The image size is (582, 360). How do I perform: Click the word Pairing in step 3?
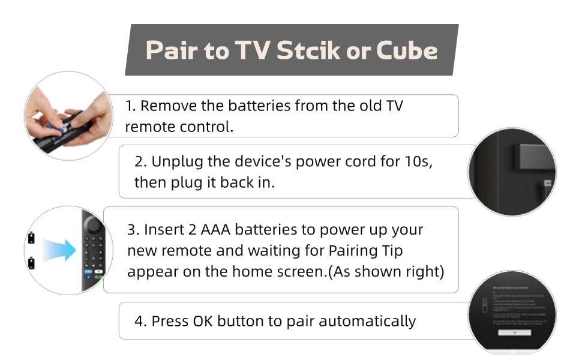(350, 250)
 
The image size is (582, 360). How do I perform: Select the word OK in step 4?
(204, 321)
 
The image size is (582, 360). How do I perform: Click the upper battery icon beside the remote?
(31, 238)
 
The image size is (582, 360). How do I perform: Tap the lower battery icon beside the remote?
(31, 263)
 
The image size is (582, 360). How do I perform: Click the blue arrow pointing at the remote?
(60, 249)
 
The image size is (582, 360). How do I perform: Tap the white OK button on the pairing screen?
(514, 332)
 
